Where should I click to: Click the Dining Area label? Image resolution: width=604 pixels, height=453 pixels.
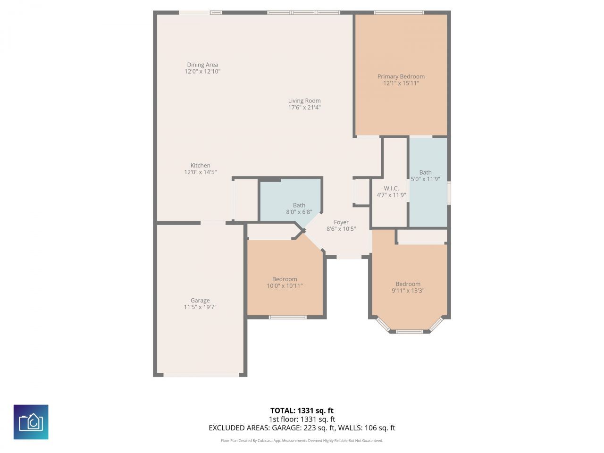point(202,65)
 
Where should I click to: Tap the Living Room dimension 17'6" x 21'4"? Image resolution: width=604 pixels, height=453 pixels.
point(304,108)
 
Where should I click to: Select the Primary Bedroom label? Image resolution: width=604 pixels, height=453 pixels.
point(401,76)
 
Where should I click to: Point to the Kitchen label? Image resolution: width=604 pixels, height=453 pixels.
point(200,166)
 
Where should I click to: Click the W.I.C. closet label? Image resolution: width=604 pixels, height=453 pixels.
point(391,188)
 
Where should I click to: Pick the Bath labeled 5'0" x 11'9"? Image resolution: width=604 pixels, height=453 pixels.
point(425,176)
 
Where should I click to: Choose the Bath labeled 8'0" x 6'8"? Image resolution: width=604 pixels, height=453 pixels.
point(299,209)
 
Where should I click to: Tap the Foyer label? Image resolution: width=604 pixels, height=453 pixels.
point(341,222)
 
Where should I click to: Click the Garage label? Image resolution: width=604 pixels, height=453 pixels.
point(200,301)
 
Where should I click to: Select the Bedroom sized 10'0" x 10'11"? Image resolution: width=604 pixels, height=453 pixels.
point(285,282)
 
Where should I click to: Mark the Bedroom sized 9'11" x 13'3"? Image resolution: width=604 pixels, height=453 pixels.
point(408,287)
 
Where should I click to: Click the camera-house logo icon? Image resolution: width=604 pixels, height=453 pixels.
point(31,422)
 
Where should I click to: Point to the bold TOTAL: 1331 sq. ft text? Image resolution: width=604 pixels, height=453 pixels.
point(302,411)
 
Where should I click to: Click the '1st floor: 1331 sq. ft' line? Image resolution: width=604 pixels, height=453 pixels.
point(302,419)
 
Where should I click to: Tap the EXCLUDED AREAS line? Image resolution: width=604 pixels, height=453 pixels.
point(302,428)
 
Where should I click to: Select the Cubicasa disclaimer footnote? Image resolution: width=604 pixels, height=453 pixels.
point(302,441)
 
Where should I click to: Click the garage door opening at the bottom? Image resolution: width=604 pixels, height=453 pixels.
point(201,375)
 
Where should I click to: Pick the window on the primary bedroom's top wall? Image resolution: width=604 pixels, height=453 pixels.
point(399,12)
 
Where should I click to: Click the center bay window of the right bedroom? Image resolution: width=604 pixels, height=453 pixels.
point(409,331)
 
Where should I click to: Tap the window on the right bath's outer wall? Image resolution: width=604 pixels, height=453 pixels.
point(449,193)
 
